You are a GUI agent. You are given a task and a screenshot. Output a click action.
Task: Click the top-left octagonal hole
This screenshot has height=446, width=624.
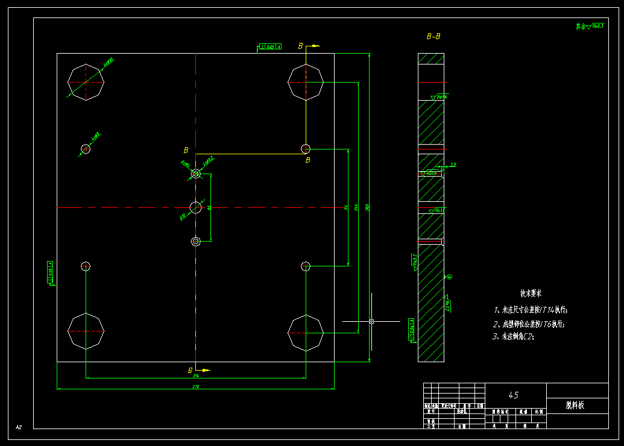86,82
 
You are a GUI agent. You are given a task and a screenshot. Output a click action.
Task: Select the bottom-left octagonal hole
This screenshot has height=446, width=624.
86,331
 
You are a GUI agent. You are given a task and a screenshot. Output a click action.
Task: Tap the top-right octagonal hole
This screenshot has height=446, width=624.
306,82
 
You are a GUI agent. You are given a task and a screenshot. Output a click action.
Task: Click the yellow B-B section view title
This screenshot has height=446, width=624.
433,37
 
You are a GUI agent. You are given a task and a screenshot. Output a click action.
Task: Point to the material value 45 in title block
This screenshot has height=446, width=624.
513,396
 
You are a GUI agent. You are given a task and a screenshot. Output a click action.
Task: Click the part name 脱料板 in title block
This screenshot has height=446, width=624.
575,406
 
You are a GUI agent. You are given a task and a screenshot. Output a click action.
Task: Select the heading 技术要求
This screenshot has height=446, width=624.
531,294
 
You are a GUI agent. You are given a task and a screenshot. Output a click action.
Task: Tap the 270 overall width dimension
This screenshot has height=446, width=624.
195,386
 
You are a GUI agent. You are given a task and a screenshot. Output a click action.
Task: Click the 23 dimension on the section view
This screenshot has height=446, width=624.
453,165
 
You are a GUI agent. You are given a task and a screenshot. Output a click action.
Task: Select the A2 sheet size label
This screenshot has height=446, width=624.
19,427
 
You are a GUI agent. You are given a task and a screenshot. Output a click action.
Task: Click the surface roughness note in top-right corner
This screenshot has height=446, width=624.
590,27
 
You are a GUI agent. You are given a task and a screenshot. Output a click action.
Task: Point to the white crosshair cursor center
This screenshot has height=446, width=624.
371,321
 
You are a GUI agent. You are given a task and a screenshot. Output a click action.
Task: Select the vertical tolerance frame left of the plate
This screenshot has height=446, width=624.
49,272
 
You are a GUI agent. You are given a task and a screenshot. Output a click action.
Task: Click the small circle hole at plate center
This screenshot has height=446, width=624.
195,207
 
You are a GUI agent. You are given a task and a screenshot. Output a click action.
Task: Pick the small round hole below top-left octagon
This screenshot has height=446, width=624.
86,149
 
